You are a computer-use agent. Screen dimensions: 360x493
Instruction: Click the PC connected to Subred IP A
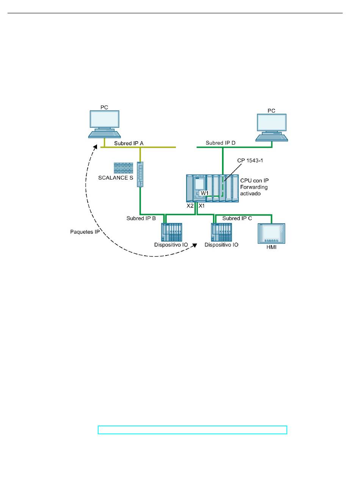105,124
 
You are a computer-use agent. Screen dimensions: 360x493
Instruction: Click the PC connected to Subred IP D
272,128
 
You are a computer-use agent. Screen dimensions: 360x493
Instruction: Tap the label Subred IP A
129,143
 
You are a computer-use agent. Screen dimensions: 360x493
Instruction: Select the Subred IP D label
221,143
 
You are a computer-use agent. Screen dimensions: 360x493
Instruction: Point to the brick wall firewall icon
124,168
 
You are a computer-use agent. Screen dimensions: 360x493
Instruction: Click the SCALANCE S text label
116,178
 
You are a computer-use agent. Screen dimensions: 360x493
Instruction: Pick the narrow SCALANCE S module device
140,174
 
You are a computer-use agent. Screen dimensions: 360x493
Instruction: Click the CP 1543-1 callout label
250,160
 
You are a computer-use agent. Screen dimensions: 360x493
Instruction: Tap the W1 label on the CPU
204,193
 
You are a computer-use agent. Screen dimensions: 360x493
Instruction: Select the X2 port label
190,206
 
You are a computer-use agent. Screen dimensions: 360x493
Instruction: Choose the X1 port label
202,206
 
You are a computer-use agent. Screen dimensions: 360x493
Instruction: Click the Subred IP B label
141,218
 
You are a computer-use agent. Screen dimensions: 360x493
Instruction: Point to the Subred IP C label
237,218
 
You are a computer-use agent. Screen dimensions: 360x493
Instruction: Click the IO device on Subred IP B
172,232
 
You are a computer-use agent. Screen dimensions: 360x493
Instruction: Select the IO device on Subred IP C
221,232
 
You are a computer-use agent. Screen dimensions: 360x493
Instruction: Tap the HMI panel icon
272,233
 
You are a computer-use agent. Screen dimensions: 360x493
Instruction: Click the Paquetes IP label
85,232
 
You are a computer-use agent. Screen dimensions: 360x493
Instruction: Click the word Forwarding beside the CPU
254,187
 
